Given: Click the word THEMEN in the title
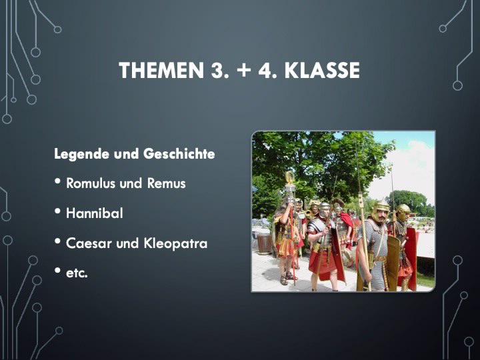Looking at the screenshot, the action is (161, 70).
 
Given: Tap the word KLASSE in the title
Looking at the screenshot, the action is (322, 70).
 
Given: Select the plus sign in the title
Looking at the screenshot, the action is (243, 71).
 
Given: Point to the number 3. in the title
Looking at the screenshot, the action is (219, 70).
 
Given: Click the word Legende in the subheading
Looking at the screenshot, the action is (82, 154).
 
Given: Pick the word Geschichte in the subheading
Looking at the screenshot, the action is (179, 153).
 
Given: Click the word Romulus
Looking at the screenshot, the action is (91, 183).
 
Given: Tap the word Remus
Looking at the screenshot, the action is (167, 183).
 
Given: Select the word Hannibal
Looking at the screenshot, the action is (94, 213).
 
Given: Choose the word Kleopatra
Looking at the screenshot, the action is (175, 244).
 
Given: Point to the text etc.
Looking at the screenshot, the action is (77, 273).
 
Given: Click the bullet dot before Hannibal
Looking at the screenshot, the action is (57, 211).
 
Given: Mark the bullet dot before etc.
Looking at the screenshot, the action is (57, 270).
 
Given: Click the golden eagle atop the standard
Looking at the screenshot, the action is (289, 177).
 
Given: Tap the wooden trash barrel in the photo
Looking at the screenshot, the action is (264, 244).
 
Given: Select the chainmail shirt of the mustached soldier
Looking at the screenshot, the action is (374, 245).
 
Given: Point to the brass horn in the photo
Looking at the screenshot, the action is (308, 215).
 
